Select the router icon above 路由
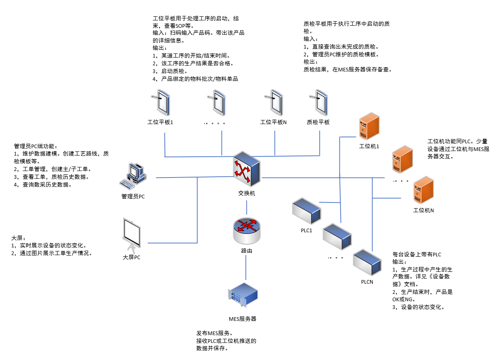pyautogui.click(x=246, y=230)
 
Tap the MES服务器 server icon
pyautogui.click(x=243, y=296)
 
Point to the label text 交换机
pyautogui.click(x=246, y=193)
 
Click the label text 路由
pyautogui.click(x=246, y=251)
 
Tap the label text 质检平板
pyautogui.click(x=318, y=122)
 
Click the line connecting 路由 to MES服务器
pyautogui.click(x=246, y=268)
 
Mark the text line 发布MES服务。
pyautogui.click(x=215, y=333)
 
